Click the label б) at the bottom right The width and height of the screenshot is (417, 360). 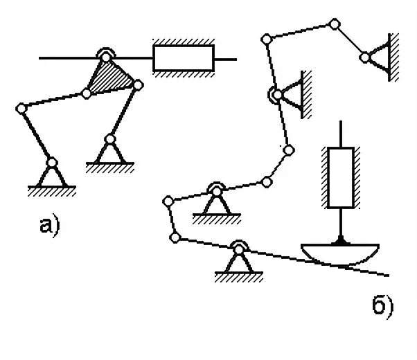point(382,305)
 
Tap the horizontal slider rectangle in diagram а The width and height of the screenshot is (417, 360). point(184,58)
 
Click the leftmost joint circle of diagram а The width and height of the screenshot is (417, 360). point(21,107)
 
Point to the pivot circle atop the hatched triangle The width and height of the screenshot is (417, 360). point(106,55)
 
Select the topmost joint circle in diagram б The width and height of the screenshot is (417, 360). point(334,25)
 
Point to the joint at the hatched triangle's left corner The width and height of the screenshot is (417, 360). point(87,92)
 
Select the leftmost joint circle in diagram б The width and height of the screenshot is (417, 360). point(166,201)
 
